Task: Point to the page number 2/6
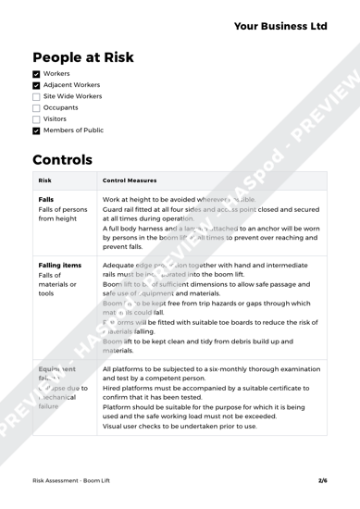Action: [x=322, y=480]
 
